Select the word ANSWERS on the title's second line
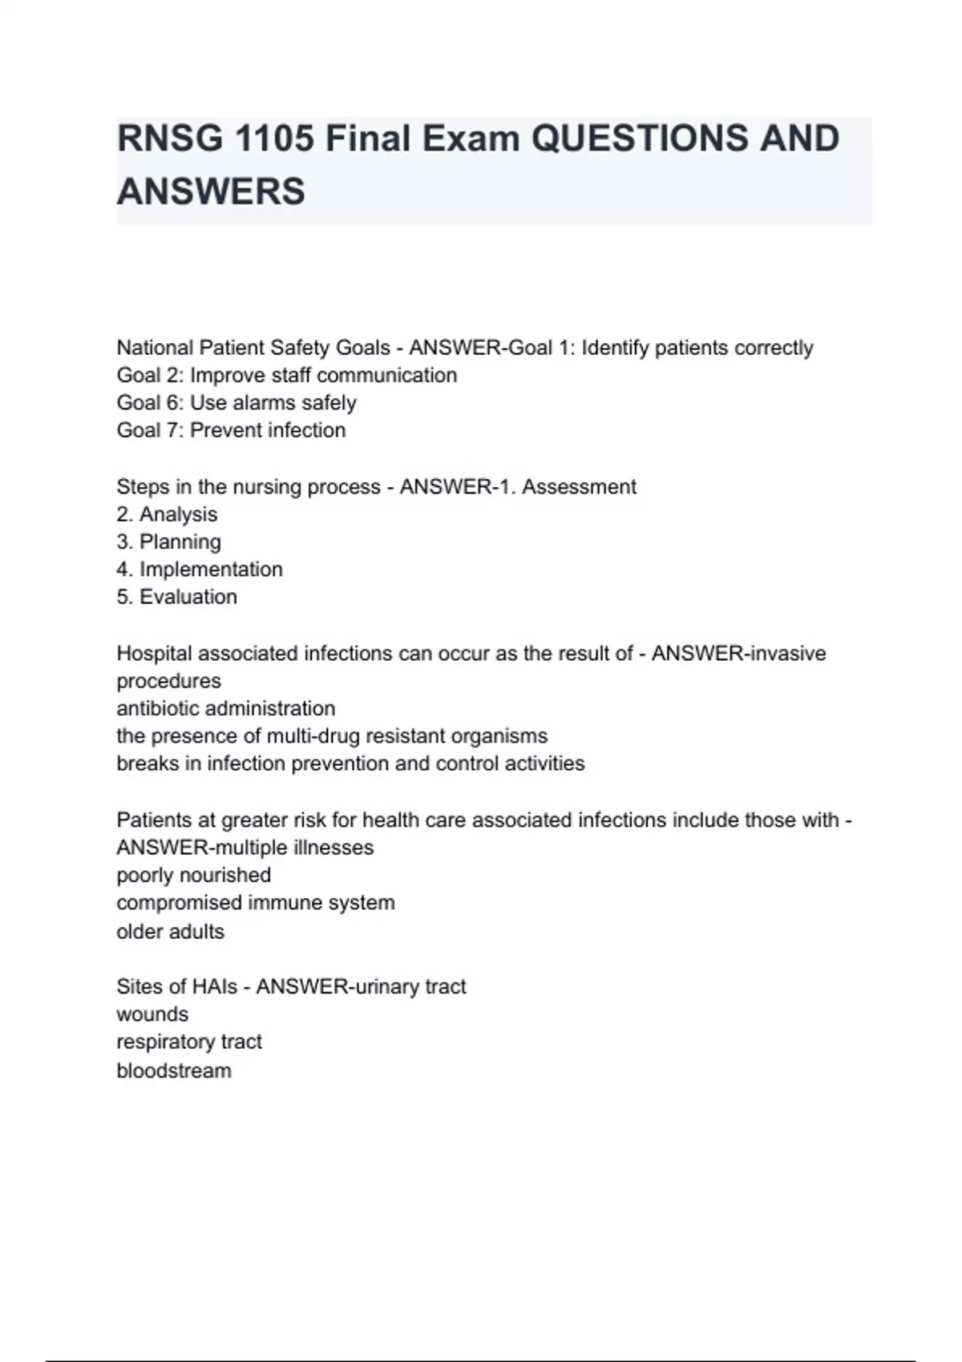211,191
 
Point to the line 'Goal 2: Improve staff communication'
286,375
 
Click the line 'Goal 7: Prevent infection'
231,430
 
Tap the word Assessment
579,486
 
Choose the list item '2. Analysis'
167,514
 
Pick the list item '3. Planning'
168,542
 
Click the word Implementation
211,569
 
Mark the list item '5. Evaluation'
176,597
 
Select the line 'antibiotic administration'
225,708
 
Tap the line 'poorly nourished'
193,875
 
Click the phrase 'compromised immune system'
255,902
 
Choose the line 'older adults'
170,931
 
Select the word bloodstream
173,1070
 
